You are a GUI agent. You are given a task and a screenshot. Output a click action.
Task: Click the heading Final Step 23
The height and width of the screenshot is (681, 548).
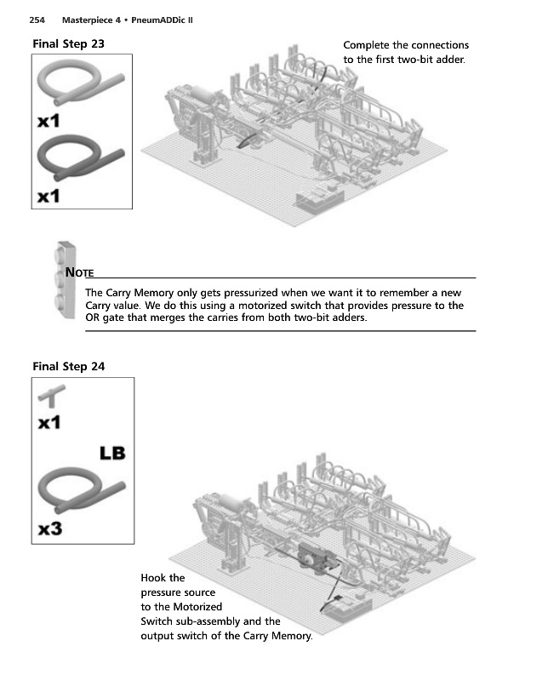[68, 43]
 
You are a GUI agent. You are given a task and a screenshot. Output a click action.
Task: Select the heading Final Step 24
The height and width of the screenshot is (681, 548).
[68, 367]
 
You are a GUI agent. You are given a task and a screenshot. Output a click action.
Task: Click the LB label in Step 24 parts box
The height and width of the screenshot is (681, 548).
[112, 452]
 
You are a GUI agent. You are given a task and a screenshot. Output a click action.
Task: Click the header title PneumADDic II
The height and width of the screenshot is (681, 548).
[162, 20]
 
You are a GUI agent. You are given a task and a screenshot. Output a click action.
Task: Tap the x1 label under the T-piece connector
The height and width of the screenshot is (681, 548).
[49, 422]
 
